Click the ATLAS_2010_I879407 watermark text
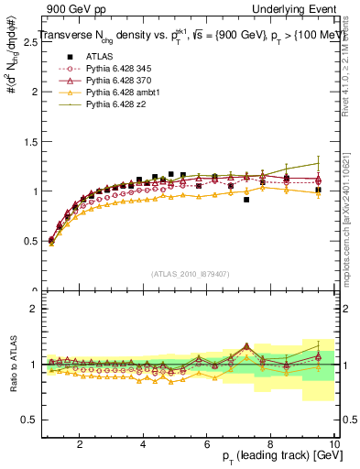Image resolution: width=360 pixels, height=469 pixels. click(190, 274)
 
